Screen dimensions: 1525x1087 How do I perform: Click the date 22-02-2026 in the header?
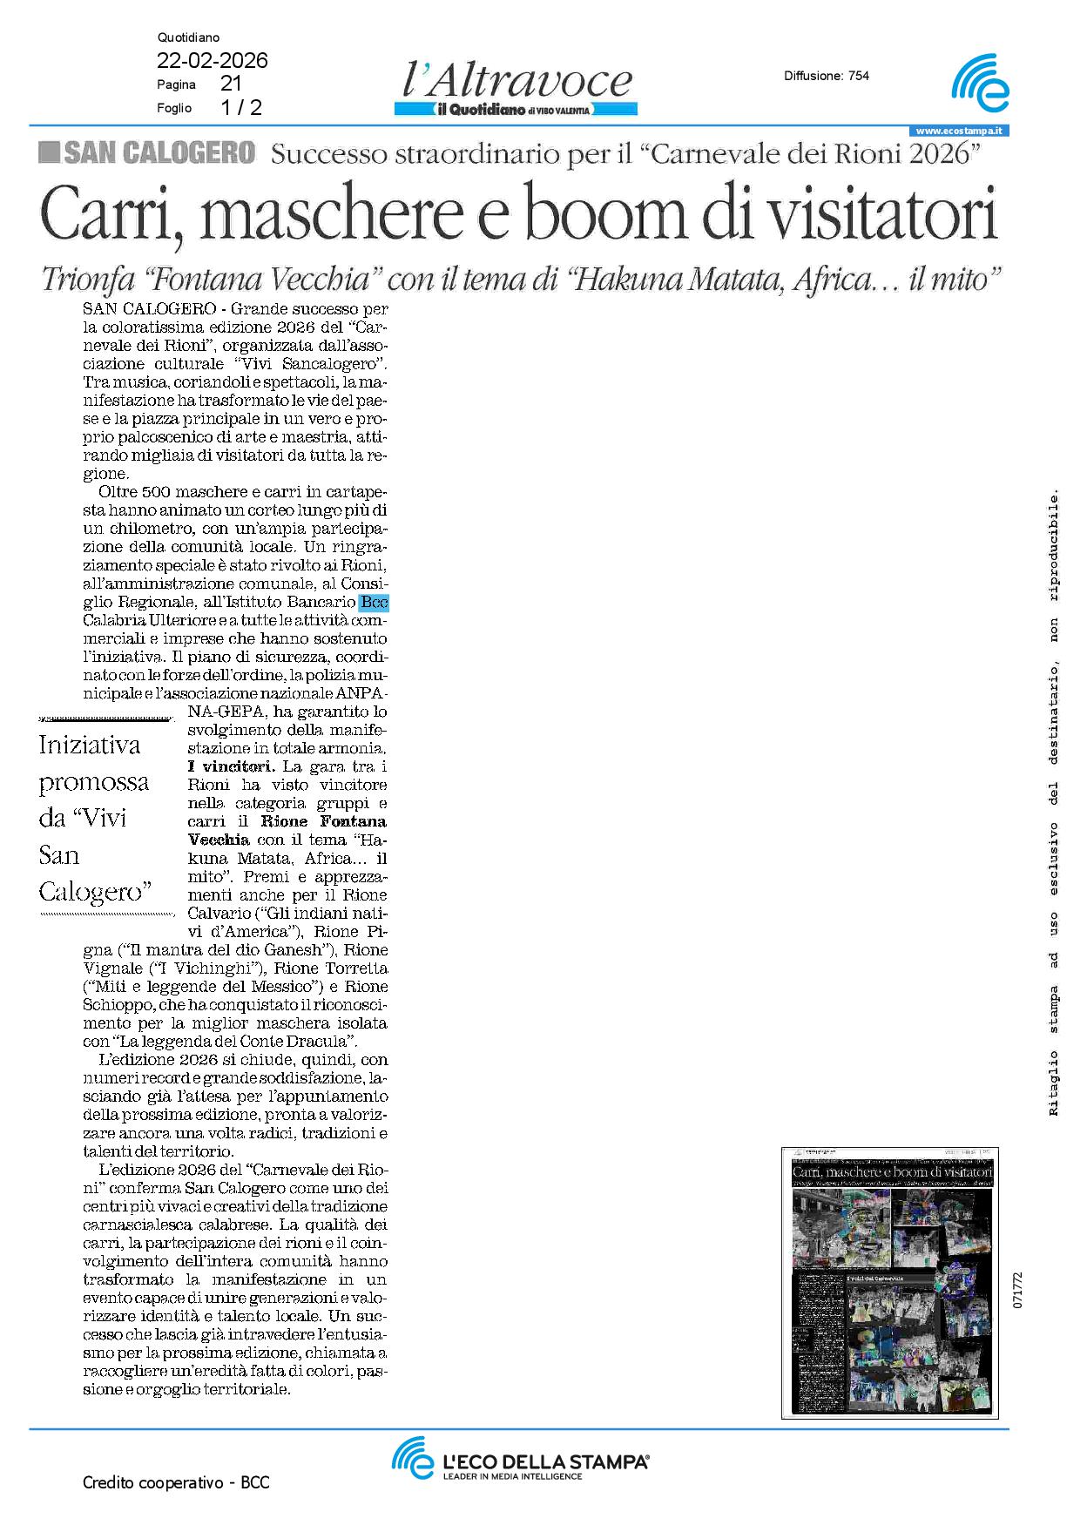(212, 61)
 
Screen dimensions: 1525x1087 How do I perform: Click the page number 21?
(231, 84)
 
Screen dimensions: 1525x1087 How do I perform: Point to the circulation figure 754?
(858, 76)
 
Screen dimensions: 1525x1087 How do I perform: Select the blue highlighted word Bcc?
(374, 602)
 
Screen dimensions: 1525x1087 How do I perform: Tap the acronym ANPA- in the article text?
(362, 694)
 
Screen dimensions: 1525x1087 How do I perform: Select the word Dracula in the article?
(322, 1041)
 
